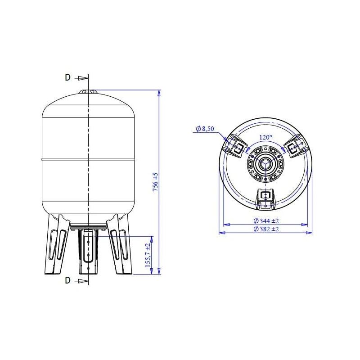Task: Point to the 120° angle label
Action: (265, 137)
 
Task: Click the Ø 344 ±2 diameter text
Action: (266, 221)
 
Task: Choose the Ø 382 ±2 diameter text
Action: (266, 229)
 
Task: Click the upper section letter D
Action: (67, 77)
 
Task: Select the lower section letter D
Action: (67, 280)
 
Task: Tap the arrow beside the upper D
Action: (81, 77)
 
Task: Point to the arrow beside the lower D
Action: (81, 280)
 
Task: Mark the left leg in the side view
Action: (56, 245)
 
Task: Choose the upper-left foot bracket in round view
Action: (236, 146)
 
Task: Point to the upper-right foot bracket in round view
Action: (294, 146)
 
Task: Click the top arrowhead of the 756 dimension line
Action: (159, 93)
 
